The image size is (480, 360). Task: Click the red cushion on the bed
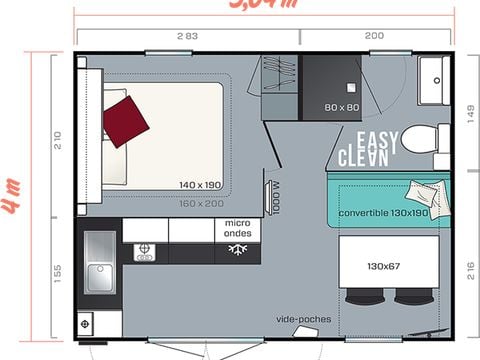pyautogui.click(x=125, y=120)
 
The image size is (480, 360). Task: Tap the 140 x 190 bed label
pyautogui.click(x=199, y=185)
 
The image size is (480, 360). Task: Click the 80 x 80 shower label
pyautogui.click(x=341, y=107)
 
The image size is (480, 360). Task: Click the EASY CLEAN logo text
pyautogui.click(x=369, y=149)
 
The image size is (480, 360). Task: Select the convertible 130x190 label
pyautogui.click(x=383, y=213)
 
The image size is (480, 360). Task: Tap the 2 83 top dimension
pyautogui.click(x=187, y=35)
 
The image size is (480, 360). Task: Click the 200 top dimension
pyautogui.click(x=372, y=35)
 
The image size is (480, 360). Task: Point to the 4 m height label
pyautogui.click(x=11, y=195)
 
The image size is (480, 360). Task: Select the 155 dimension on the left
pyautogui.click(x=57, y=273)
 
